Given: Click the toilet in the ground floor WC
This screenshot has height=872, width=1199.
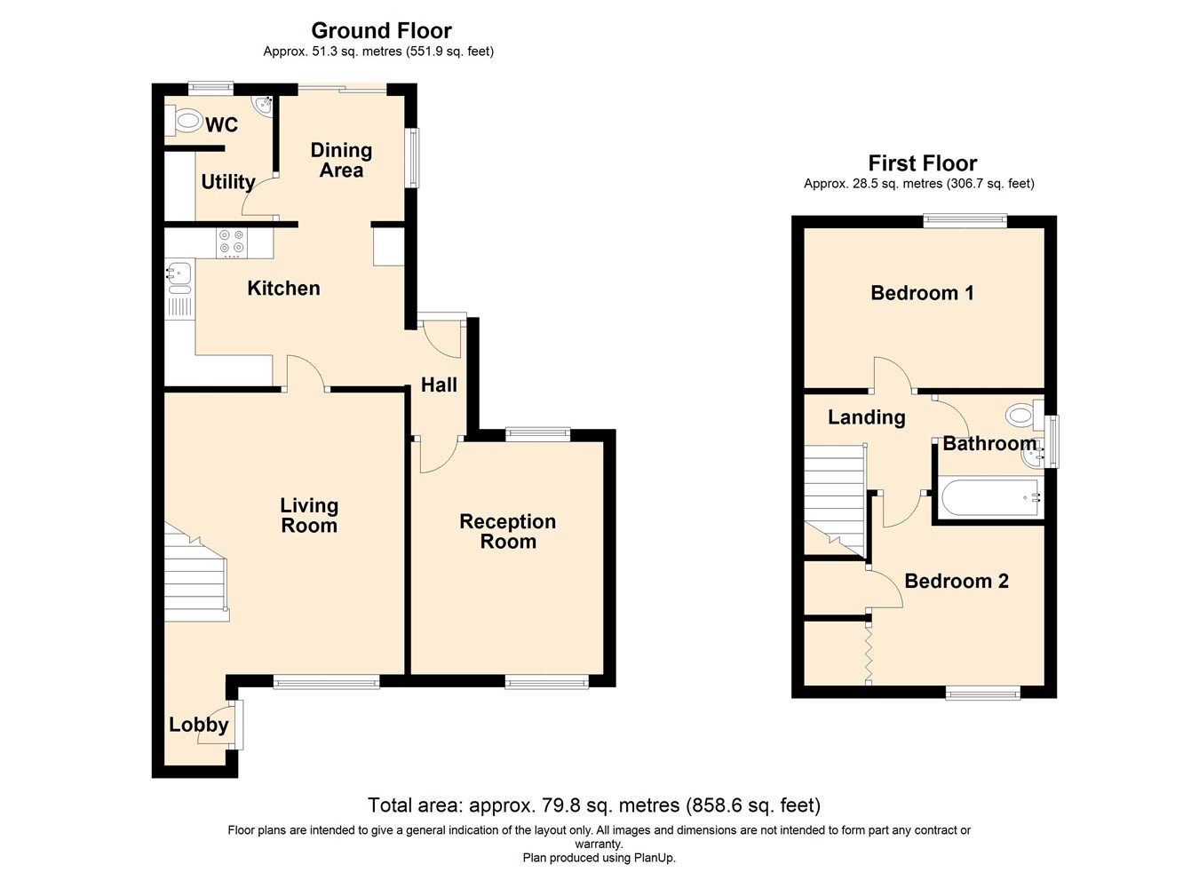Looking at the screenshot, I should tap(184, 121).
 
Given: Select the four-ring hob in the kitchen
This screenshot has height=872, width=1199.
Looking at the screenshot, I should tap(232, 242).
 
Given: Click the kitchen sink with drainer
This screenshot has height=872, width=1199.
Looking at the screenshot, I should tap(179, 276).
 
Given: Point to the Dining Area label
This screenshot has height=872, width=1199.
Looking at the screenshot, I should tap(341, 161).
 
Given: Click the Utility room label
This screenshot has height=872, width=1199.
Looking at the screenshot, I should tap(228, 182).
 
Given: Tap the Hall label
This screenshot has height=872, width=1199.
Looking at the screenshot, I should tap(439, 385).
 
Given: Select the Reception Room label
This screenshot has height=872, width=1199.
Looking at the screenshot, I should tap(508, 532).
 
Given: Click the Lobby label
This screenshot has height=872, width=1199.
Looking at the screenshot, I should tap(199, 725).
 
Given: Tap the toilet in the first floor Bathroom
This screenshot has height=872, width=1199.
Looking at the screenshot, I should tap(1024, 414).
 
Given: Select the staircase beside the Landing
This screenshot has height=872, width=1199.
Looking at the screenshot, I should tap(835, 497).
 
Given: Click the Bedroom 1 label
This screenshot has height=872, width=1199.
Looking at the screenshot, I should tap(922, 293).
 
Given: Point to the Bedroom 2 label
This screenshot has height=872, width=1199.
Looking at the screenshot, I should tap(957, 582).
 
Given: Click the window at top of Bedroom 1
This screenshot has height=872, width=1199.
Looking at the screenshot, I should tap(965, 221).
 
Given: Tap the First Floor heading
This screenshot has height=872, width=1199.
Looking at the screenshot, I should tap(922, 163).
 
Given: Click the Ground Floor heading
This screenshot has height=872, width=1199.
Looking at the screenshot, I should tap(381, 31).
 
